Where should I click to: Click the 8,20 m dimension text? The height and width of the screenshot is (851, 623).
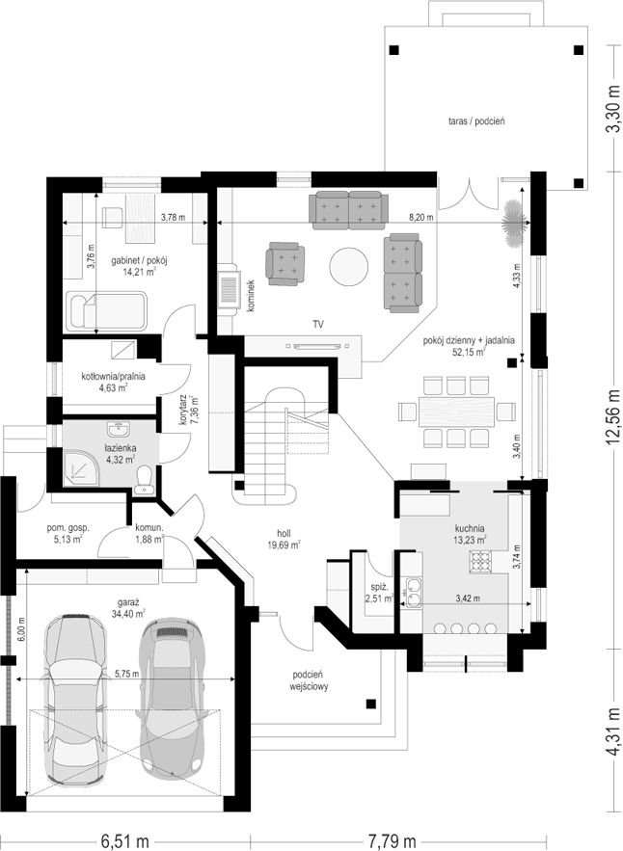click(x=421, y=218)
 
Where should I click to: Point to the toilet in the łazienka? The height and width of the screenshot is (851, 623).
click(x=145, y=479)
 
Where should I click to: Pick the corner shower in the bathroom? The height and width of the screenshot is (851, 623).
click(x=80, y=465)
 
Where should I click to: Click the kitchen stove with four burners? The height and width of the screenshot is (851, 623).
click(x=480, y=562)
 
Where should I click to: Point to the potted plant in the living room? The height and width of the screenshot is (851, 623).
click(x=513, y=223)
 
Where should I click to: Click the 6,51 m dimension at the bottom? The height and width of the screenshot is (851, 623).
click(x=125, y=841)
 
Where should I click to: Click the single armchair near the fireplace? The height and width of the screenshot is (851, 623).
click(x=285, y=263)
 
